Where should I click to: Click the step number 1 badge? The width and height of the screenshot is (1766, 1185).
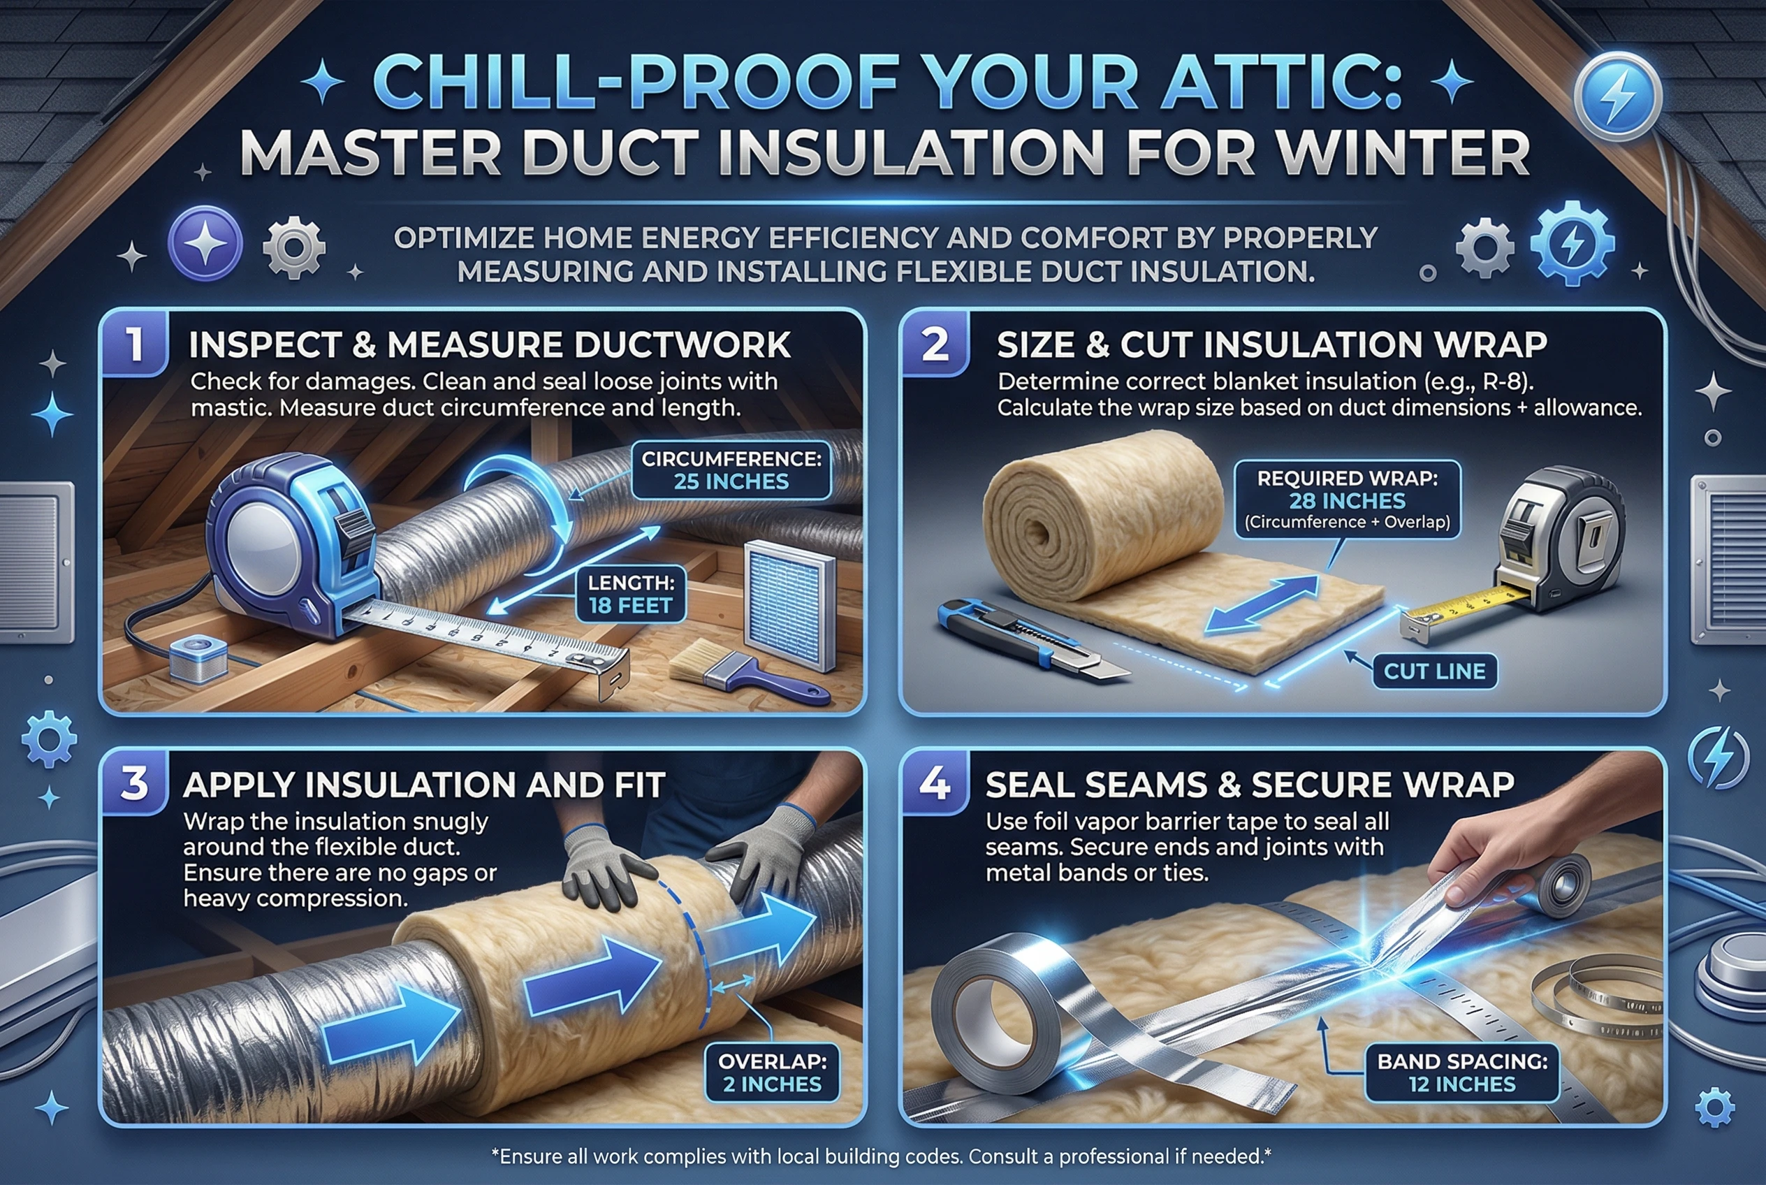click(135, 344)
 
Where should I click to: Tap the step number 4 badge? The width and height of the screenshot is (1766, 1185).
click(934, 784)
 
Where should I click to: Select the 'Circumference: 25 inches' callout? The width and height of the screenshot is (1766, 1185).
click(731, 470)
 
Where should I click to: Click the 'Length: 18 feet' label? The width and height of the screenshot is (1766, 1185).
click(630, 594)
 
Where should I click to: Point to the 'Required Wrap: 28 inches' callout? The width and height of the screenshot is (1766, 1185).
click(1347, 500)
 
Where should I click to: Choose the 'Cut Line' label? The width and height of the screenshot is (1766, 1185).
click(1433, 671)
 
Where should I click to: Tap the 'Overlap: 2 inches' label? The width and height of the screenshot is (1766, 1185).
click(771, 1073)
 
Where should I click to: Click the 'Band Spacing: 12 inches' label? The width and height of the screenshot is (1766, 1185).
click(1461, 1073)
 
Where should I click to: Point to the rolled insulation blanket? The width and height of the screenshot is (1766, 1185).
click(1103, 514)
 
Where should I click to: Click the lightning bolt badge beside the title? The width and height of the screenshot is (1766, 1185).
click(1617, 96)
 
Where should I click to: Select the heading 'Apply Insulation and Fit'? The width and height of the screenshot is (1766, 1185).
click(424, 785)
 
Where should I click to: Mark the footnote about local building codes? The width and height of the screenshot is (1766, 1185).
click(881, 1156)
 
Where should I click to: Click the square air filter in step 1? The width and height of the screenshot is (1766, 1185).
click(789, 604)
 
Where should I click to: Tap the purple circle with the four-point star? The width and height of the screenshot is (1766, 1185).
click(205, 244)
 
